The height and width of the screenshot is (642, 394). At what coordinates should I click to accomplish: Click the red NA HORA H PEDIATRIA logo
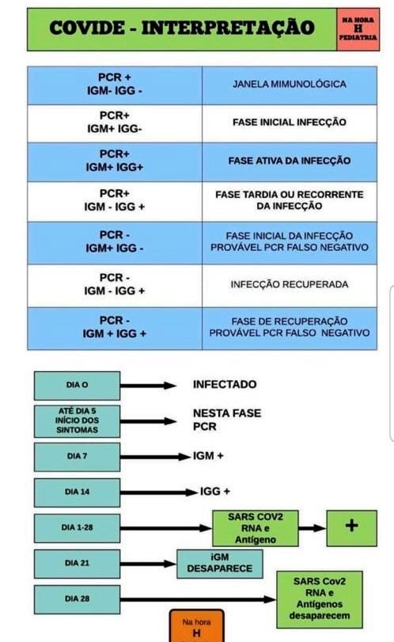click(x=358, y=29)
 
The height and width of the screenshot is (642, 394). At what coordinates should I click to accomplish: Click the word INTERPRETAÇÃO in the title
click(x=228, y=28)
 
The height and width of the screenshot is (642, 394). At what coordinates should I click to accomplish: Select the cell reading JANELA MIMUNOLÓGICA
click(x=290, y=85)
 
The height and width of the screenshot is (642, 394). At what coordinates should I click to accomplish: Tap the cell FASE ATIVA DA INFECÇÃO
click(x=290, y=161)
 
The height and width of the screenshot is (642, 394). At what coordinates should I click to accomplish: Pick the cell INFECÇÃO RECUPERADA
click(x=290, y=285)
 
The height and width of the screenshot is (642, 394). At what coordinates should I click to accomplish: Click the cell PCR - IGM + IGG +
click(x=115, y=328)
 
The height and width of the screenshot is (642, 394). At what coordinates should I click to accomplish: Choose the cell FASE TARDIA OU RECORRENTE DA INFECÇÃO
click(x=290, y=201)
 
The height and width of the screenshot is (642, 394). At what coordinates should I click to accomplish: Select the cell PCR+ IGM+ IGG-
click(x=115, y=123)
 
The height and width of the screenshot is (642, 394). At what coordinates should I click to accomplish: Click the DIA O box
click(x=77, y=386)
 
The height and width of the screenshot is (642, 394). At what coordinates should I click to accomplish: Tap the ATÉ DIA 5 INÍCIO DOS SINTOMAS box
click(x=77, y=421)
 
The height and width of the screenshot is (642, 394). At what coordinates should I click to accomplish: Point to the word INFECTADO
click(x=225, y=385)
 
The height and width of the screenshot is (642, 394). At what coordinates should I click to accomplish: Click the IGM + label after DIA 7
click(x=208, y=456)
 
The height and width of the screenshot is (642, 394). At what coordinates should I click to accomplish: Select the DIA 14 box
click(x=77, y=492)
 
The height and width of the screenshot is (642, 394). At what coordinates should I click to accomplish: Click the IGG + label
click(x=214, y=492)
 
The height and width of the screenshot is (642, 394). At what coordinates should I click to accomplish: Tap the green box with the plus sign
click(x=351, y=528)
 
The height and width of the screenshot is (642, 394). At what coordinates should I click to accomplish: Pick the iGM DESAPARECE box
click(x=220, y=564)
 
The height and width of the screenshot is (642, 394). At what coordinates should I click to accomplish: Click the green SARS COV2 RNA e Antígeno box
click(x=256, y=528)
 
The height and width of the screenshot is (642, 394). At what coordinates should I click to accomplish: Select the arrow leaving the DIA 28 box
click(x=198, y=599)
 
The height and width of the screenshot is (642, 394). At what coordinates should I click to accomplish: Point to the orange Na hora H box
click(x=197, y=626)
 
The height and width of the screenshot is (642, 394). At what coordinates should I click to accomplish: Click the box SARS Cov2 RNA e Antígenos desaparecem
click(x=320, y=599)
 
